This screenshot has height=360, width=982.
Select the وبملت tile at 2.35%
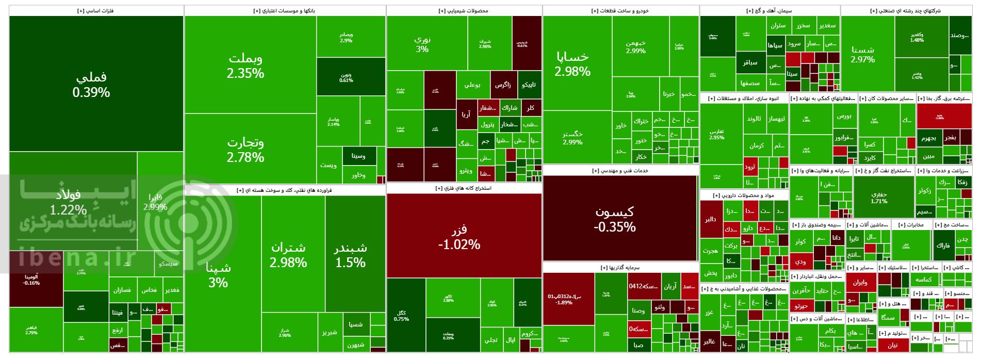[x=246, y=65]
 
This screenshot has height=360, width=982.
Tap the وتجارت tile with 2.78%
[x=246, y=149]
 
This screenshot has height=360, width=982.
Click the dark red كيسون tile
[x=615, y=219]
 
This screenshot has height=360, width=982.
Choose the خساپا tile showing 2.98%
[x=572, y=63]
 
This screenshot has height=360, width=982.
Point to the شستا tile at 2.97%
[x=863, y=54]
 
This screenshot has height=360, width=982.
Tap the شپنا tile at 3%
[x=218, y=274]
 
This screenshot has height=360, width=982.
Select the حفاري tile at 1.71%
[x=879, y=197]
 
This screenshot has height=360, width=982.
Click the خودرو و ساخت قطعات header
[x=620, y=10]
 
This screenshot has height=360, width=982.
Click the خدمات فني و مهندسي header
[x=620, y=170]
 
